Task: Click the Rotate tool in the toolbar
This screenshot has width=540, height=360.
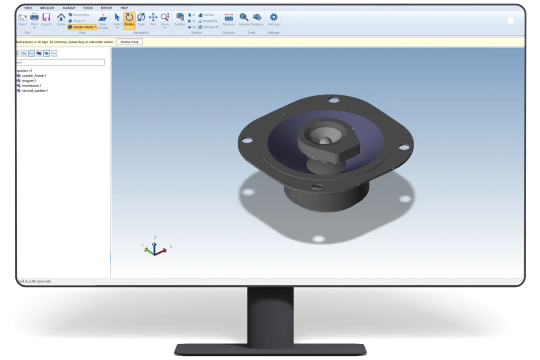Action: pos(129,20)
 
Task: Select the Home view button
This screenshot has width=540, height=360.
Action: pos(61,20)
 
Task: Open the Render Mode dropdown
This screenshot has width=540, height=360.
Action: pos(82,27)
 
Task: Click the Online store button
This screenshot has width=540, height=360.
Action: pos(129,42)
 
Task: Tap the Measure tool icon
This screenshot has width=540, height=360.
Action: pos(229,19)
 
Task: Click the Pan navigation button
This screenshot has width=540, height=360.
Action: pos(153,20)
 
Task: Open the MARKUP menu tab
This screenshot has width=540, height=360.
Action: pos(69,8)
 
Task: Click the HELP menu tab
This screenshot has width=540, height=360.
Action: pos(124,8)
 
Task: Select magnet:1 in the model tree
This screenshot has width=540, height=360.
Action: pos(29,81)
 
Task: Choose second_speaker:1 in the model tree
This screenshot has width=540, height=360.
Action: pos(35,91)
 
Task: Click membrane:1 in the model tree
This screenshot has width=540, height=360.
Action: pos(31,85)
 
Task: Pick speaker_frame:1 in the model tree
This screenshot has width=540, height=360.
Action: pos(34,75)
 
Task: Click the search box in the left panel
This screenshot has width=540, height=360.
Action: pos(61,62)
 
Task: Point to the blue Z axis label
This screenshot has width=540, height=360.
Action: pos(155,238)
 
